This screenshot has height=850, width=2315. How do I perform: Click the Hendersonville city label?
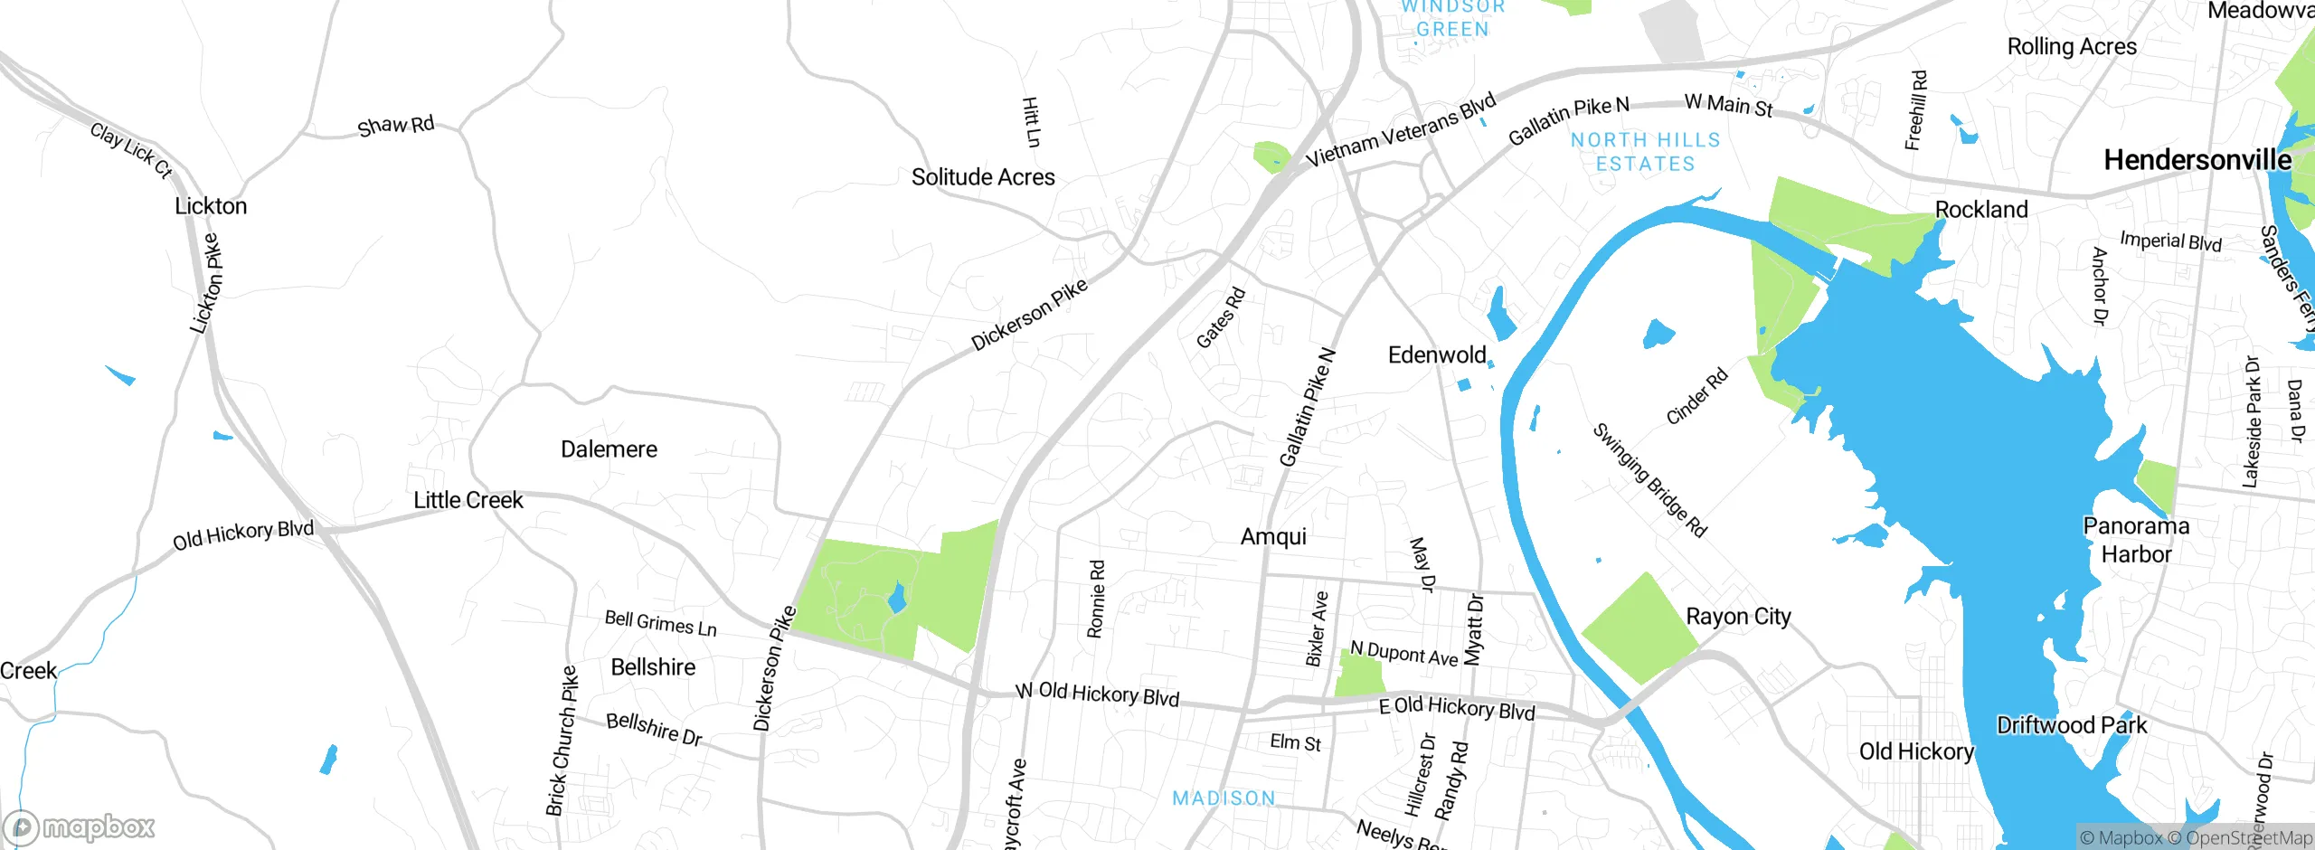click(x=2197, y=160)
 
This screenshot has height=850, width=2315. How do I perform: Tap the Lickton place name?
click(x=211, y=206)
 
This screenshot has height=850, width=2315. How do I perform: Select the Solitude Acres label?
click(x=983, y=177)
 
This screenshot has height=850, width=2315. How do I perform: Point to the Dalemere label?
click(x=609, y=449)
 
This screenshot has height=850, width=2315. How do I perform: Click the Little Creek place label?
click(x=468, y=500)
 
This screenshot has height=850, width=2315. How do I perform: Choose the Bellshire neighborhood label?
click(x=653, y=667)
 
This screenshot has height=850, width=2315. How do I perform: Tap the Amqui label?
click(x=1273, y=537)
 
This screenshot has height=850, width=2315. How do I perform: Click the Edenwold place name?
click(x=1437, y=354)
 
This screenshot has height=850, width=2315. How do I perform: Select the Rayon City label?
click(x=1738, y=617)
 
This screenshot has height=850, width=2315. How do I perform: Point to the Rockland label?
click(x=1981, y=210)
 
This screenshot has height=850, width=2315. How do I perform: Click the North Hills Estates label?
click(x=1645, y=152)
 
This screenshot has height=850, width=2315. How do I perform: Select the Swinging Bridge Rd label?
click(x=1649, y=480)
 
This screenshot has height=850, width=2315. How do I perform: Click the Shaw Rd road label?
click(x=395, y=126)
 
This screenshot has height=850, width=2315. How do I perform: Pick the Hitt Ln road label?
click(x=1031, y=122)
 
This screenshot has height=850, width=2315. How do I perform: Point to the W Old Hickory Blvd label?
click(x=1097, y=694)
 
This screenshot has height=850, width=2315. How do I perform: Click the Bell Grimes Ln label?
click(x=660, y=623)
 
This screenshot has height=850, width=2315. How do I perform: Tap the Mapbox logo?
click(x=80, y=826)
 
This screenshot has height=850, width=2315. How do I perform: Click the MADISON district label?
click(x=1224, y=798)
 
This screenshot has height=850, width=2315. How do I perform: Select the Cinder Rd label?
click(x=1696, y=396)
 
